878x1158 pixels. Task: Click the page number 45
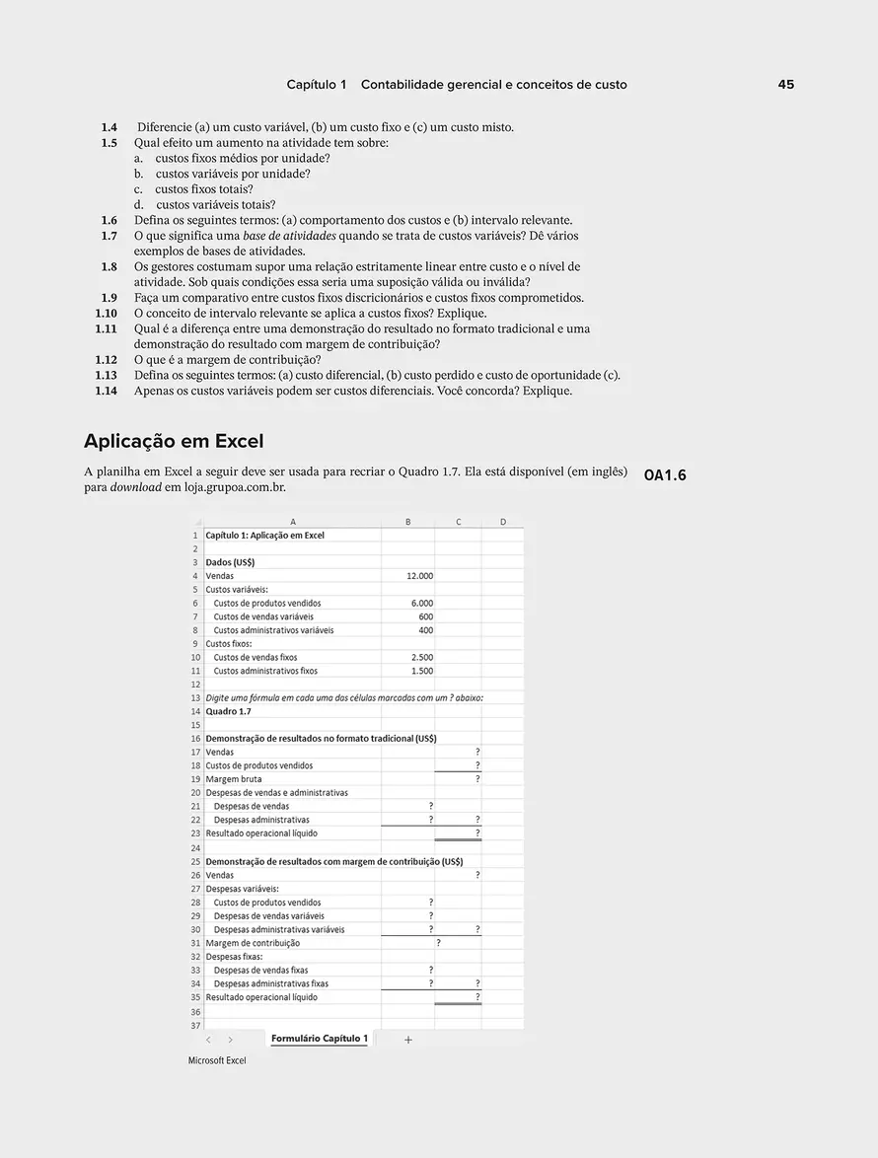pyautogui.click(x=785, y=85)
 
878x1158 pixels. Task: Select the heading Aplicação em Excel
pyautogui.click(x=174, y=441)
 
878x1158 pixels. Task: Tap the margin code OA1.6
pyautogui.click(x=665, y=475)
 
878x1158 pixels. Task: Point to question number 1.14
pyautogui.click(x=106, y=391)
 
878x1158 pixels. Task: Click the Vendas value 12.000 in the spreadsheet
pyautogui.click(x=419, y=576)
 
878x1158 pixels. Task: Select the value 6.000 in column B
pyautogui.click(x=421, y=604)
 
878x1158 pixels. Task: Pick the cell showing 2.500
pyautogui.click(x=421, y=657)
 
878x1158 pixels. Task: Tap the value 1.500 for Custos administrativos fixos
pyautogui.click(x=421, y=671)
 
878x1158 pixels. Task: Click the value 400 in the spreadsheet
pyautogui.click(x=425, y=630)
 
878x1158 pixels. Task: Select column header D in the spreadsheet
pyautogui.click(x=503, y=522)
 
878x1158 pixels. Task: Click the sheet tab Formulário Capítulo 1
pyautogui.click(x=319, y=1039)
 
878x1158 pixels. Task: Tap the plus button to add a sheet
pyautogui.click(x=408, y=1040)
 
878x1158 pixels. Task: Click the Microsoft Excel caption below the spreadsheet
pyautogui.click(x=217, y=1060)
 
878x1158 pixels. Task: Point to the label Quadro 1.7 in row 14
pyautogui.click(x=228, y=711)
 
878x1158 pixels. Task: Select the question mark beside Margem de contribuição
pyautogui.click(x=438, y=943)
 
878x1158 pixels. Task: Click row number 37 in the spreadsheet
pyautogui.click(x=195, y=1025)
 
